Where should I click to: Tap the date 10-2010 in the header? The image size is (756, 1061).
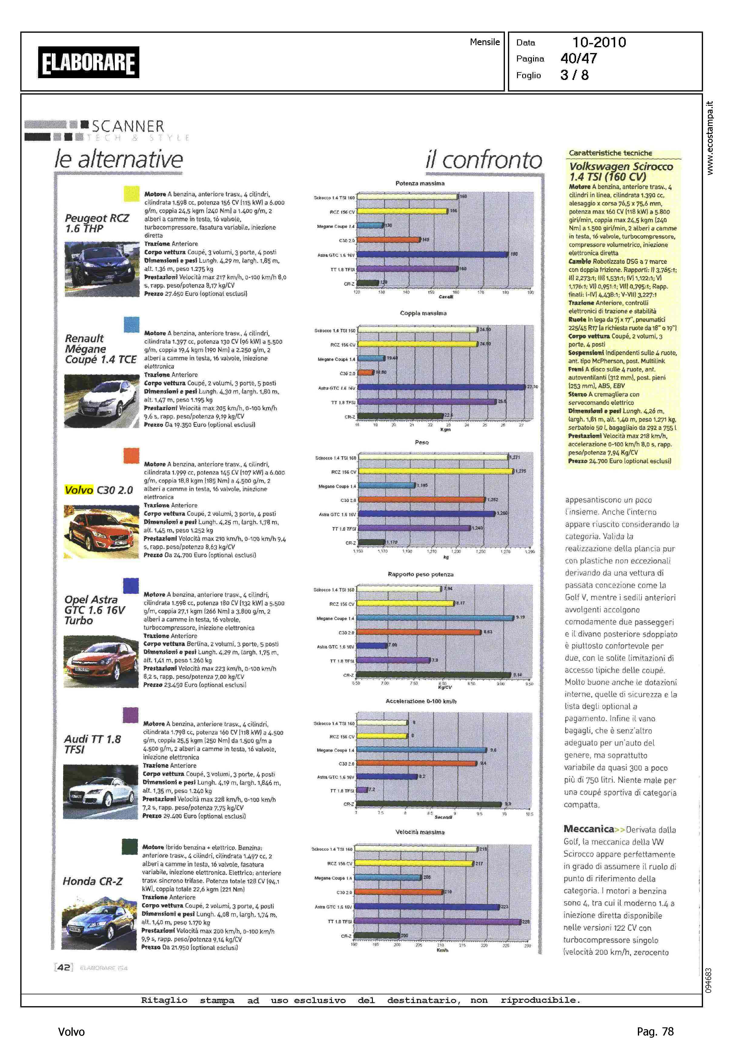click(x=599, y=42)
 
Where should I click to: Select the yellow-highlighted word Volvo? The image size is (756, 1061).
click(x=79, y=490)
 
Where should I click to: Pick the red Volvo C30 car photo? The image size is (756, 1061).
click(x=101, y=532)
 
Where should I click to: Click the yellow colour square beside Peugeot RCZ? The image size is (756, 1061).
click(x=131, y=194)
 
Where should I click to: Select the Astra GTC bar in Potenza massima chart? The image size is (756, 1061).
click(x=432, y=254)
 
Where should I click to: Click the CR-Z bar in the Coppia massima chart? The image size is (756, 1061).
click(x=400, y=416)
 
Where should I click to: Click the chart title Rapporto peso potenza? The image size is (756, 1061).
click(x=420, y=574)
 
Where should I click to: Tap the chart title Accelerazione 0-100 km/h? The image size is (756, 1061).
click(x=421, y=701)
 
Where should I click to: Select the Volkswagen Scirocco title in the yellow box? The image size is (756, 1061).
click(x=621, y=171)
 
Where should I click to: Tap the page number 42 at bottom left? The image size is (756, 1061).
click(x=64, y=967)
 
